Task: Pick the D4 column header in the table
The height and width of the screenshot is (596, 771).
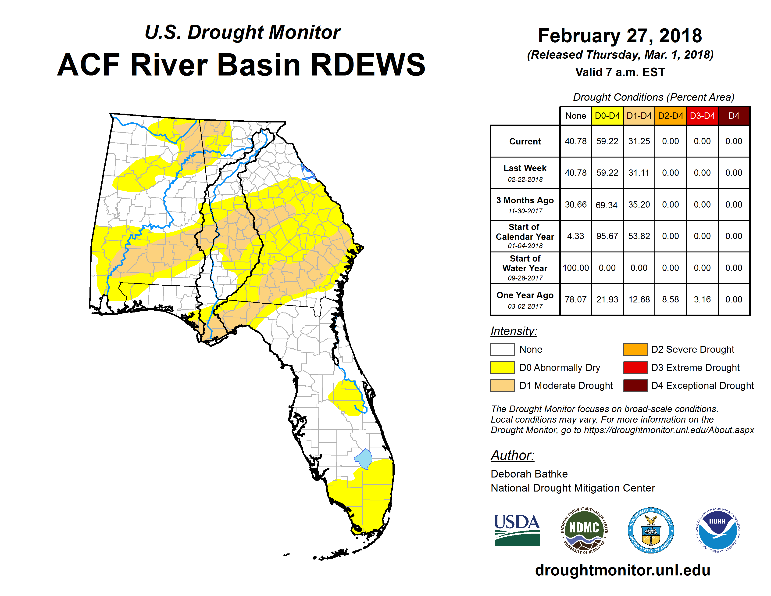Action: (x=734, y=116)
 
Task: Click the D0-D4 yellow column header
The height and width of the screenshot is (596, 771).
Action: (x=607, y=116)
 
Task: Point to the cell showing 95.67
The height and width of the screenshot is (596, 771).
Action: (x=607, y=236)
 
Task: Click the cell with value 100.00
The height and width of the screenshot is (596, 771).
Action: (x=576, y=268)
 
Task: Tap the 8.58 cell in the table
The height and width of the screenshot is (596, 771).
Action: (x=670, y=299)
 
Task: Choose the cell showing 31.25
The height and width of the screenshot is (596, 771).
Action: (x=639, y=141)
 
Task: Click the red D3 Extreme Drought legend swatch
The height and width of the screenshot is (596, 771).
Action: (x=635, y=367)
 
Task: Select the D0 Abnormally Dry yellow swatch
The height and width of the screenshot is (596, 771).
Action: (x=502, y=367)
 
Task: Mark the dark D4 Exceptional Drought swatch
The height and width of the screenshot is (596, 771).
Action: (x=635, y=386)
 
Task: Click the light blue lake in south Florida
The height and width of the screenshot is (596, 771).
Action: (x=364, y=459)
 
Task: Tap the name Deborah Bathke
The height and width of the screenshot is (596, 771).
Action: (x=529, y=474)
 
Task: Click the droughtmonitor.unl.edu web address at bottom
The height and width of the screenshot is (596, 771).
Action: (x=623, y=570)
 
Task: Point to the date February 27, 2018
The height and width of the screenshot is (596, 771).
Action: (x=620, y=36)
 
